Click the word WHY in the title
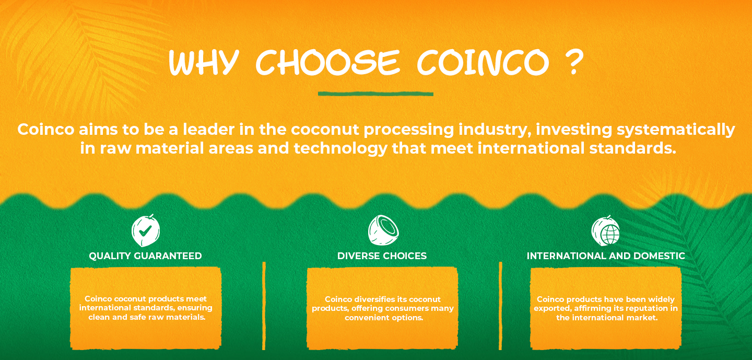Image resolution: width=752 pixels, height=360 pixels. click(x=204, y=63)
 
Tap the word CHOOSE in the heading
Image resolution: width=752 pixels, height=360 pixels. click(x=328, y=63)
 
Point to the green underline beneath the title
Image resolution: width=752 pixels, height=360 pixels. click(x=375, y=94)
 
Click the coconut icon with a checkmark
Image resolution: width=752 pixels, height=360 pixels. click(x=146, y=230)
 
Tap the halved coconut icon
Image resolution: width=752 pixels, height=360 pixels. click(x=383, y=230)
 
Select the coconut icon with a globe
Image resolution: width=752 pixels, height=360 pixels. click(x=605, y=231)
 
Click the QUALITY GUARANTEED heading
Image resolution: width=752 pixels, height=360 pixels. click(x=145, y=256)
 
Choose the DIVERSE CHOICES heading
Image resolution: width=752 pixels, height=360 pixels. click(x=382, y=256)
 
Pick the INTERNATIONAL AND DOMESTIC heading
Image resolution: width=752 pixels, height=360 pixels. click(x=606, y=256)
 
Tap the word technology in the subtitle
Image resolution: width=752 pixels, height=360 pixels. click(x=340, y=149)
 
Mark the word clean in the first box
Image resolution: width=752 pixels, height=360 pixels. click(x=99, y=317)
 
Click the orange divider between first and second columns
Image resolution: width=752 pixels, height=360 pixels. click(x=264, y=306)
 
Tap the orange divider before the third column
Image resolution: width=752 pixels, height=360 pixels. click(x=500, y=306)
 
